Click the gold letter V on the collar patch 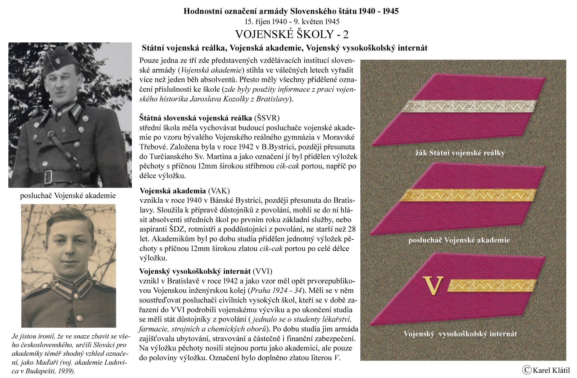coord(433,285)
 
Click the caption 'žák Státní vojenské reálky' coord(460,153)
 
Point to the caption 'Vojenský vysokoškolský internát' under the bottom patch coord(460,334)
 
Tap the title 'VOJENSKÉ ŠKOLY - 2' coord(292,34)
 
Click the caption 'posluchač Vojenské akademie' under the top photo coord(68,196)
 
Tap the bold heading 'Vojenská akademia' coord(173,190)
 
